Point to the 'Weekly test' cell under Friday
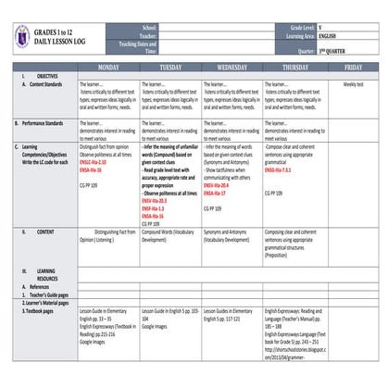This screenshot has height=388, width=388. point(353,84)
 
